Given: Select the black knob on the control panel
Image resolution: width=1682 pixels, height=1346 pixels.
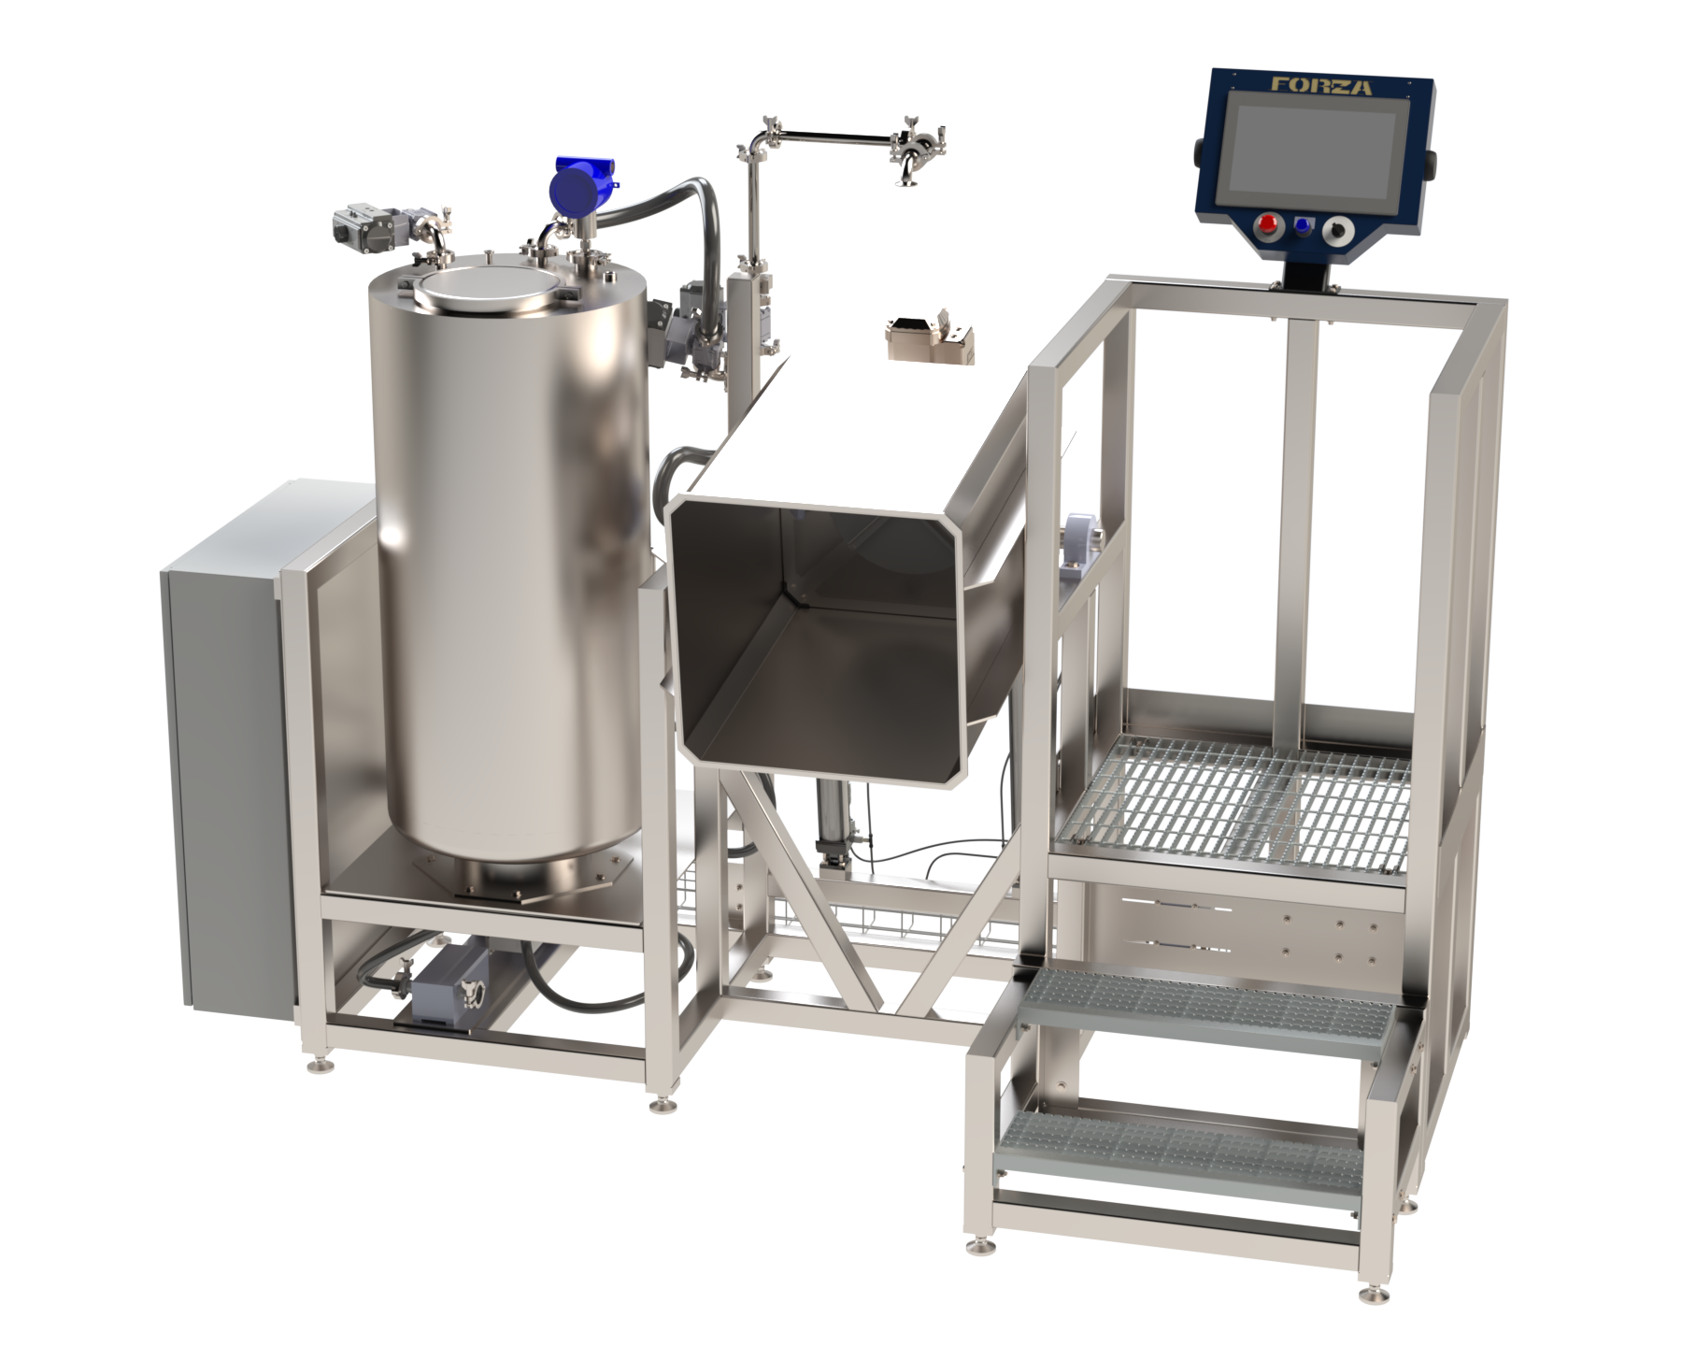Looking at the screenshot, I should (1342, 228).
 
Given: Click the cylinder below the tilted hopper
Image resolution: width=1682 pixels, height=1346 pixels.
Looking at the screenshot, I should (832, 823).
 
